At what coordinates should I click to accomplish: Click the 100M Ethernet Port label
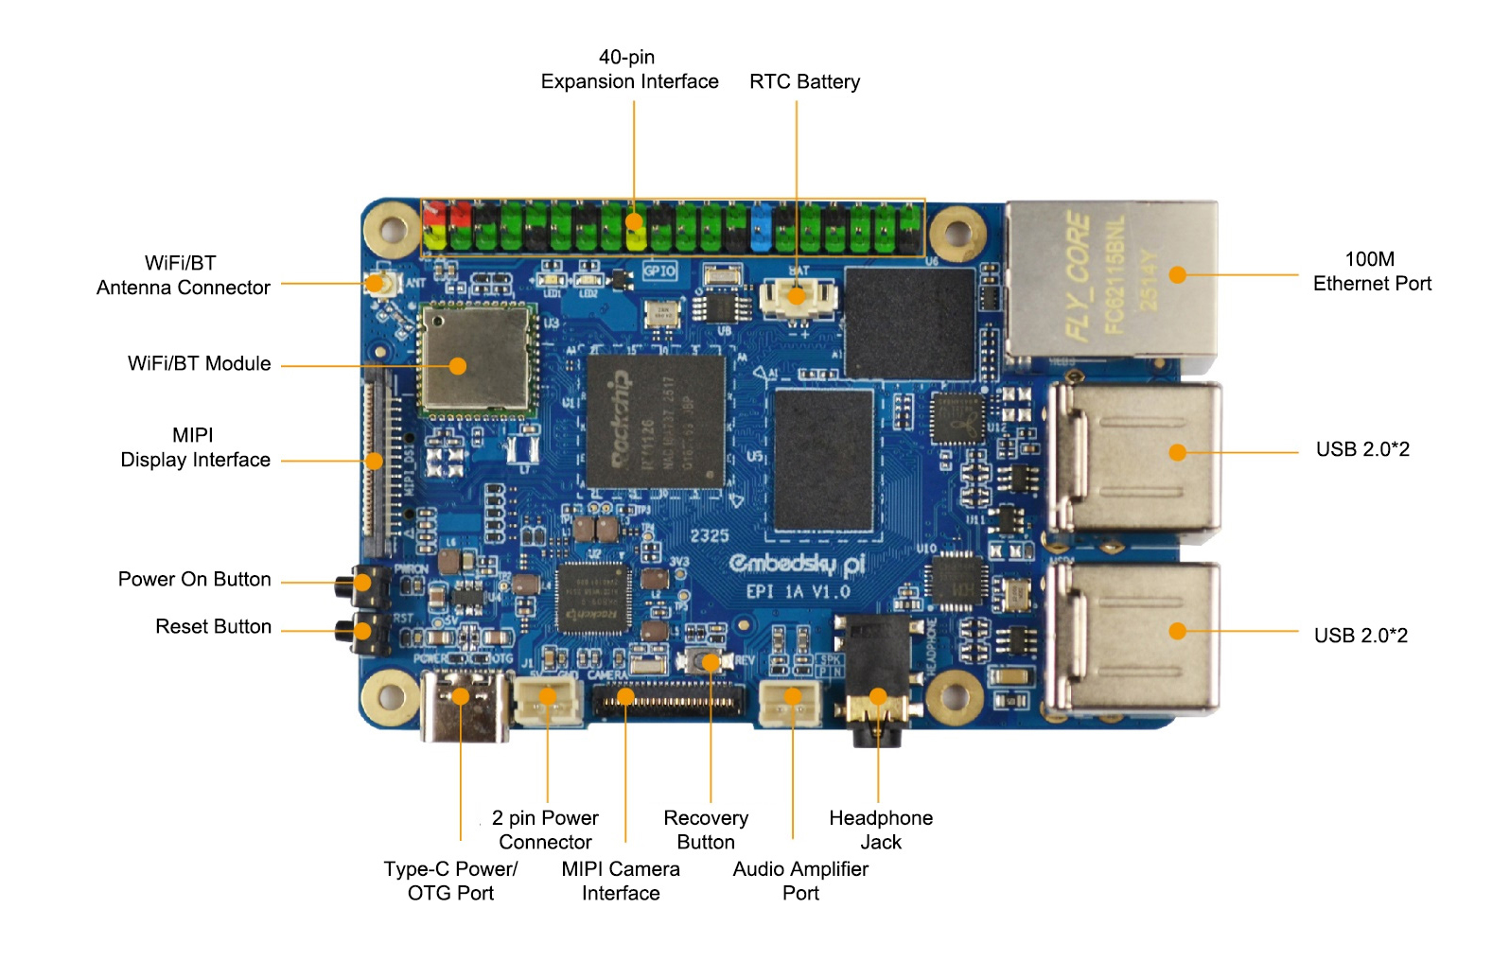pos(1371,271)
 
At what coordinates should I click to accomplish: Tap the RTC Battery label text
pos(804,82)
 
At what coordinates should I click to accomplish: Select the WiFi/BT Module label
pos(199,364)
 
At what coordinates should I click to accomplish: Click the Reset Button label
pos(213,627)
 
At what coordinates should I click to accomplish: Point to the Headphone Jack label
pos(880,830)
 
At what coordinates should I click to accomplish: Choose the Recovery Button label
pos(706,830)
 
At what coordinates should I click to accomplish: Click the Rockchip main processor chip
pos(655,422)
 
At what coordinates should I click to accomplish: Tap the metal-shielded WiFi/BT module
pos(476,358)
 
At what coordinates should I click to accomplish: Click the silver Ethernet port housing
pos(1112,279)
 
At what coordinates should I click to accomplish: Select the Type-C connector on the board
pos(463,707)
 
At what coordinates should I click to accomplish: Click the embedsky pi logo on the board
pos(797,564)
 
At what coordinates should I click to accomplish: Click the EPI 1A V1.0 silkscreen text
pos(798,592)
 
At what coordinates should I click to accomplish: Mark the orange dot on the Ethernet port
pos(1177,275)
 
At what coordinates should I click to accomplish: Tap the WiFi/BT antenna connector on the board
pos(377,283)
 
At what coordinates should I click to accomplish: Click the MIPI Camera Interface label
pos(620,881)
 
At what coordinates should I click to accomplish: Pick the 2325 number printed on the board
pos(709,535)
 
